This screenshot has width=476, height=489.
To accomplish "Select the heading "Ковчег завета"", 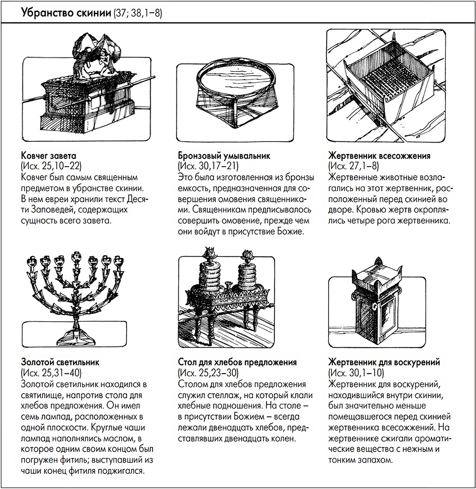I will tap(48, 156).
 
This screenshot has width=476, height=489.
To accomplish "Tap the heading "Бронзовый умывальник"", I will tap(224, 156).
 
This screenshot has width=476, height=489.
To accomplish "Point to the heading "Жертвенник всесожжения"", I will tap(379, 156).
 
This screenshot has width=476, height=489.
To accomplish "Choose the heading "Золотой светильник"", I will tap(60, 362).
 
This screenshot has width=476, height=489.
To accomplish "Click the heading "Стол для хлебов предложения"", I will tap(237, 362).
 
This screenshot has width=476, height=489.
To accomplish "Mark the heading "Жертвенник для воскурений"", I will tap(384, 362).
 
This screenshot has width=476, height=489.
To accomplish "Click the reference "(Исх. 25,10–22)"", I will tap(51, 166).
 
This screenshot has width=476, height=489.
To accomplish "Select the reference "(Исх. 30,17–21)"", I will tap(208, 166).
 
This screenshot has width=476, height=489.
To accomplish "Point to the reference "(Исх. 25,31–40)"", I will tap(51, 373).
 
